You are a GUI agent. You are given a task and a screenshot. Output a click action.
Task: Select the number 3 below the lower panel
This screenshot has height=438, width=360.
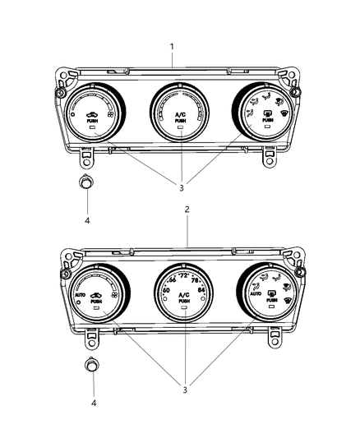[185, 390]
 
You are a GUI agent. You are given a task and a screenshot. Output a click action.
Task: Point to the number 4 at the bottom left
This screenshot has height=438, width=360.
[94, 403]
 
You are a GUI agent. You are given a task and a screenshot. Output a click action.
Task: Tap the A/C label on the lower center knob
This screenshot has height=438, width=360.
[184, 295]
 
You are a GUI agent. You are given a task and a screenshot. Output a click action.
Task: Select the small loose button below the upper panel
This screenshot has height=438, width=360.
[85, 182]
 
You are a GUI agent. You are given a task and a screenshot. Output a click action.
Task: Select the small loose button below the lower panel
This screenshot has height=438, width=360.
[93, 365]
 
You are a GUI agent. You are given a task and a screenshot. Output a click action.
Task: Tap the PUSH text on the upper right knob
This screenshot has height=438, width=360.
[265, 121]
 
